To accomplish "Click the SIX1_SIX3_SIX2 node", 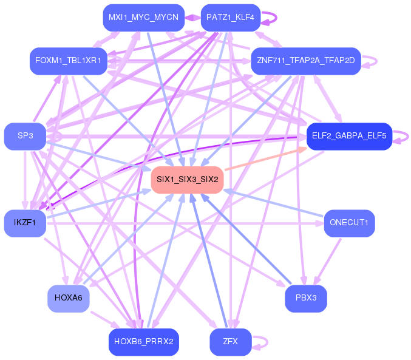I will [188, 180].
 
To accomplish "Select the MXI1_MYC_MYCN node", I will [143, 18].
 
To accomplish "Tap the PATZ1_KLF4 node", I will [231, 18].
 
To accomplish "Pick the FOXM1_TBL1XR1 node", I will [69, 61].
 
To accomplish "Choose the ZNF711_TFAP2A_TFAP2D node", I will [306, 61].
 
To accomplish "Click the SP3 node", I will [25, 135].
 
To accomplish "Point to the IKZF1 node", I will [25, 223].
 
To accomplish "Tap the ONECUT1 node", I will [349, 222].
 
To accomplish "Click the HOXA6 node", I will [69, 297].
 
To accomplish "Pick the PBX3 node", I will [306, 298].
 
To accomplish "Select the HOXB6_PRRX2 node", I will [143, 341].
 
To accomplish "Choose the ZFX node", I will [231, 341].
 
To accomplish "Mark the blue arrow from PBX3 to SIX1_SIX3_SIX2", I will [255, 243].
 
